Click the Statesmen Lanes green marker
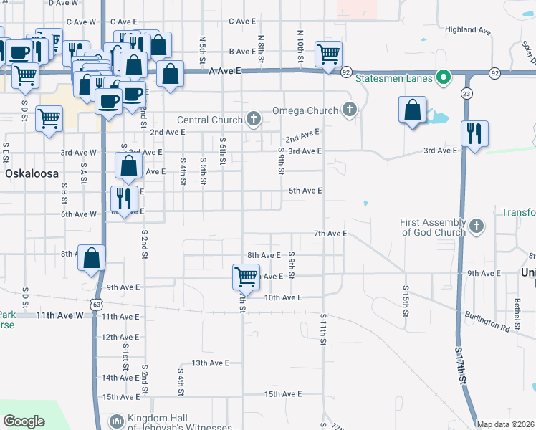pos(444,77)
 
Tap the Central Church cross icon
pos(253,120)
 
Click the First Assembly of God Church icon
pos(477,227)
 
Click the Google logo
pos(24,421)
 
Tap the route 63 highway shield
pos(96,304)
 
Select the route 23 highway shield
pos(466,93)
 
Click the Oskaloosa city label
pos(30,173)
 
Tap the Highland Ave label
pos(466,30)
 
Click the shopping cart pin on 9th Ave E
pos(246,275)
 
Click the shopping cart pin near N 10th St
pos(328,53)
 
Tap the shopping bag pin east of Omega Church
pos(412,110)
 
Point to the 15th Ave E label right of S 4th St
pos(282,394)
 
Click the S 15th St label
pos(405,304)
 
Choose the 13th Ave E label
pos(210,363)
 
